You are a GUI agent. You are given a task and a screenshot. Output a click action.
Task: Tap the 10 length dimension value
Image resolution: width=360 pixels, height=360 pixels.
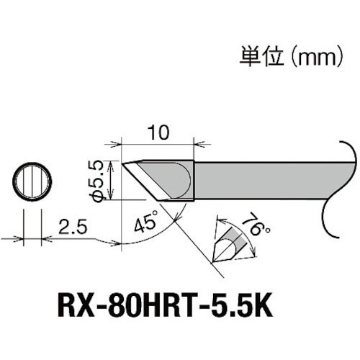[x=159, y=132]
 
